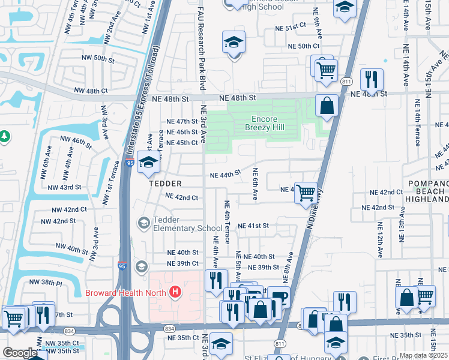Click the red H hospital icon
click(x=175, y=292)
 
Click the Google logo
click(x=20, y=353)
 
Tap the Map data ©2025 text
click(x=423, y=355)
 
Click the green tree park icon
click(x=5, y=137)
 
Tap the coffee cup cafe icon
click(x=279, y=297)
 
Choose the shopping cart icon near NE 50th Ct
click(x=325, y=69)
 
